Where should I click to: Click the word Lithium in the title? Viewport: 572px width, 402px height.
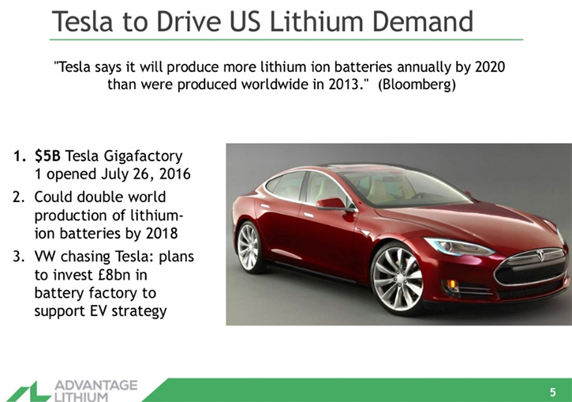(316, 21)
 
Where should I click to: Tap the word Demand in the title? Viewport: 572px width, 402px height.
(422, 21)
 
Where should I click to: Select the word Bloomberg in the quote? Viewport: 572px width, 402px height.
(417, 85)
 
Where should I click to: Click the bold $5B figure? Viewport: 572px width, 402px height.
(47, 156)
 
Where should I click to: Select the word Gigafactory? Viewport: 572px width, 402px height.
(143, 157)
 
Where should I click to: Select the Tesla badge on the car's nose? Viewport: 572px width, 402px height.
(540, 254)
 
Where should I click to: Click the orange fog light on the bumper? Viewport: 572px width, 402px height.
(451, 284)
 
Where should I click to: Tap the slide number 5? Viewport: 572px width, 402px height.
(552, 393)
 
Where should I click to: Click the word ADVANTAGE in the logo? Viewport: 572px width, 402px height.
(96, 385)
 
